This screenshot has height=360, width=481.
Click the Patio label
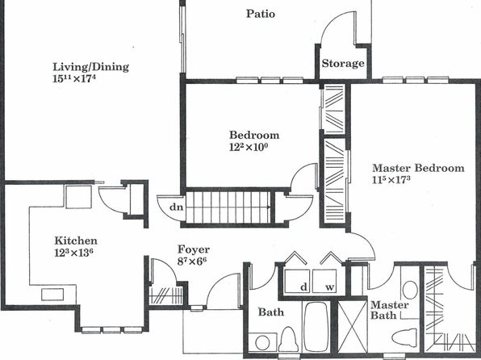[261, 14]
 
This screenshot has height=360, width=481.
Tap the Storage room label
[343, 64]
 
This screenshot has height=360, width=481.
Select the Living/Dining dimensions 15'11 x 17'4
[74, 78]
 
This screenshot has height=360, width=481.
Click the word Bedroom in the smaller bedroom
[254, 135]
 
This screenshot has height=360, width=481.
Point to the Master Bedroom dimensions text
[391, 179]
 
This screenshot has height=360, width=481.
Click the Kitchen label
[76, 241]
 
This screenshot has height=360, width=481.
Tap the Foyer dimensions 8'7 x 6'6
[192, 262]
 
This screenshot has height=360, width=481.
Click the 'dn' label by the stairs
[177, 207]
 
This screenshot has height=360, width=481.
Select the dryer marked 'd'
[297, 281]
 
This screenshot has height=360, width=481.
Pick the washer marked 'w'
[324, 281]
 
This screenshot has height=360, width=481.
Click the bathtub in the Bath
[316, 327]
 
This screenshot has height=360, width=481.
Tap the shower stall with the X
[353, 327]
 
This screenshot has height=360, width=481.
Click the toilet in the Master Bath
[404, 337]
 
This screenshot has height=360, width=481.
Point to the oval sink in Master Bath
[410, 290]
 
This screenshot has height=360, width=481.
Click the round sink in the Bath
[262, 342]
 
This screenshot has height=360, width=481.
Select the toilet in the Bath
[288, 340]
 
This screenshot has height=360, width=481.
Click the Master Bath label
[390, 310]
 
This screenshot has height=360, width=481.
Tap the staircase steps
[228, 207]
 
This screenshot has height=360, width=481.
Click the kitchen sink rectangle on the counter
[52, 295]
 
